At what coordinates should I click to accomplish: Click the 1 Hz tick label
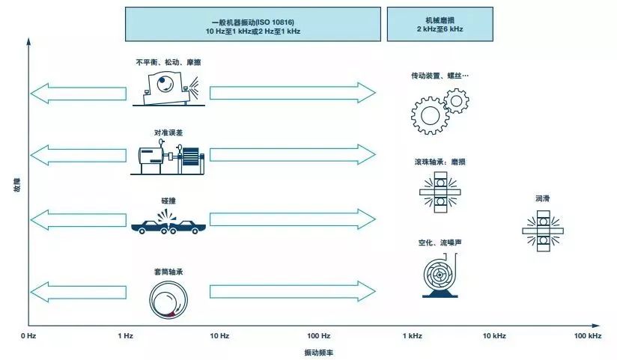126,335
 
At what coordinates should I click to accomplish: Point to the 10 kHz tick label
494,335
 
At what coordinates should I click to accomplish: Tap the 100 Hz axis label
318,335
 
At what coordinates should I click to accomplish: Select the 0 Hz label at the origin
28,335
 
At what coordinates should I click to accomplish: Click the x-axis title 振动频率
318,353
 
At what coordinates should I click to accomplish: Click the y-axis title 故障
17,185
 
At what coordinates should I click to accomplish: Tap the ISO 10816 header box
253,24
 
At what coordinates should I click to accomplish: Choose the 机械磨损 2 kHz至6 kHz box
440,24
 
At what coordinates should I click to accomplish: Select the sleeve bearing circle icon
168,299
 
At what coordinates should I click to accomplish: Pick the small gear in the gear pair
457,101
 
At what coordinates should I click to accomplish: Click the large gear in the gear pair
430,116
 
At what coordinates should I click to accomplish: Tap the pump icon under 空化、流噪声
440,275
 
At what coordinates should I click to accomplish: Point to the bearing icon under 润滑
543,231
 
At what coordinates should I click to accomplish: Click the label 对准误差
168,133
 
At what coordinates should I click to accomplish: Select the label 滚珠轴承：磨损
440,162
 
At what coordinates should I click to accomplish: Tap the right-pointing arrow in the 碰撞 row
293,219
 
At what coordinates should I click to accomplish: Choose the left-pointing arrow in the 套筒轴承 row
79,292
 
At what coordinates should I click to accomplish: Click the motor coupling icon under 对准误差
168,156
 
